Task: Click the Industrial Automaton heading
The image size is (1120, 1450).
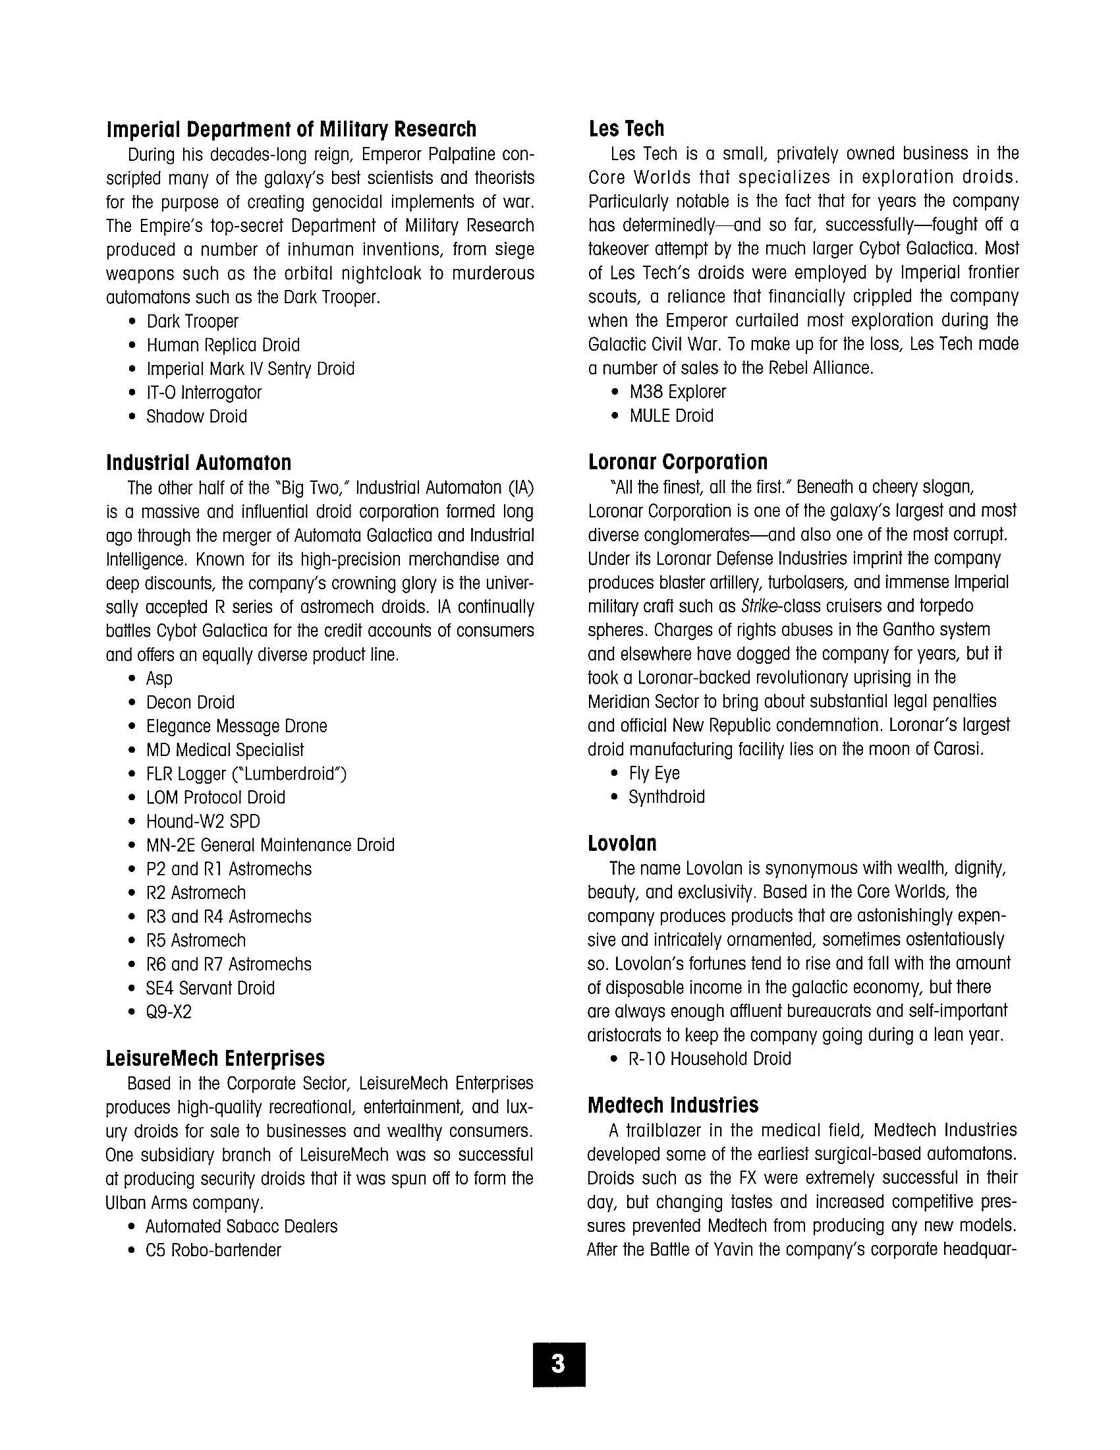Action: (198, 463)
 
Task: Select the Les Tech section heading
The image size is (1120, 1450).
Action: (627, 129)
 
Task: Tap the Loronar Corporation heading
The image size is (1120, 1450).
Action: (677, 462)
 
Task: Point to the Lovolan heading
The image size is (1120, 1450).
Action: (622, 843)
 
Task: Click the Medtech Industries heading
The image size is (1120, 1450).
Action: (673, 1105)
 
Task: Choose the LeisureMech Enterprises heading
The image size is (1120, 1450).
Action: (215, 1058)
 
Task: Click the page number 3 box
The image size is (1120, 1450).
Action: (559, 1364)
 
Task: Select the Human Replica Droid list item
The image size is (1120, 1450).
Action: (223, 345)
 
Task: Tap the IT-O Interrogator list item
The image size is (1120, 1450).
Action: (204, 393)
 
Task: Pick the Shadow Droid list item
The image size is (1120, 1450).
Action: (196, 417)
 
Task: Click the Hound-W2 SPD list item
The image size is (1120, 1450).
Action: (203, 822)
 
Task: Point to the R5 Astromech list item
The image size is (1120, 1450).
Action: (196, 941)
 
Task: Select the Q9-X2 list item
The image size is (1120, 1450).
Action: (169, 1012)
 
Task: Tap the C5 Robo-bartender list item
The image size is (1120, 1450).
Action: (213, 1251)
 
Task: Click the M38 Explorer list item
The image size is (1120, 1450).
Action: (677, 392)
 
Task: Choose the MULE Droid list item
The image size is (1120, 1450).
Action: (671, 417)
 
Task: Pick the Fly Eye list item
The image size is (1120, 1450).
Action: (654, 774)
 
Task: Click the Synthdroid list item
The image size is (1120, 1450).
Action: (666, 797)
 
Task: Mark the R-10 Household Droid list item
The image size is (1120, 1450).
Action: (710, 1059)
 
